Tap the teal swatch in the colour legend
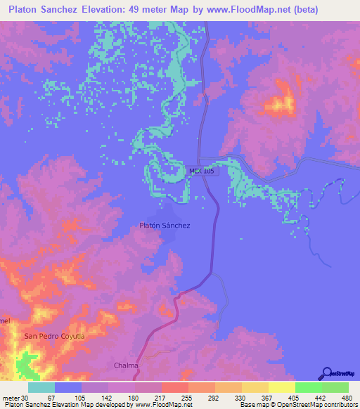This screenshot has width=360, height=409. point(41,387)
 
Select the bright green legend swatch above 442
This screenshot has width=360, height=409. point(308,387)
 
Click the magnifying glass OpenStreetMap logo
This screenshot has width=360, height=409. point(326,372)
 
